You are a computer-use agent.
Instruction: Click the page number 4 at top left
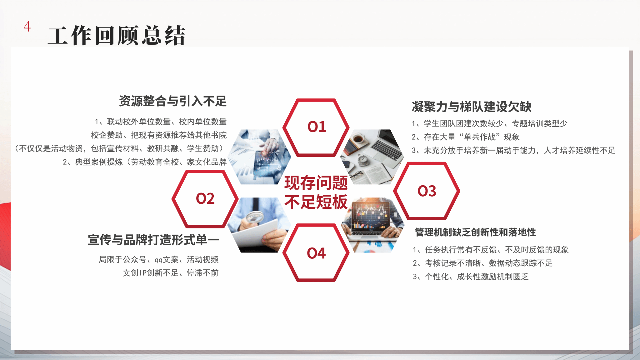click(27, 27)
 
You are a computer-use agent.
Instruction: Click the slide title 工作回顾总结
click(117, 36)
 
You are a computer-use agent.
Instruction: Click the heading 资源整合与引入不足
click(173, 101)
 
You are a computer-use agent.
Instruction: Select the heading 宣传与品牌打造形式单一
click(153, 240)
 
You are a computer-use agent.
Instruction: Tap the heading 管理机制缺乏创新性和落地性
click(475, 232)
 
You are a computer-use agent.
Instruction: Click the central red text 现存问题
click(316, 183)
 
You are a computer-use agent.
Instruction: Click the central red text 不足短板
click(316, 202)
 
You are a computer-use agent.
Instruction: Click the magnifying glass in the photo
click(255, 217)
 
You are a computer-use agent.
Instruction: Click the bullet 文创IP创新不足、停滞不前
click(171, 273)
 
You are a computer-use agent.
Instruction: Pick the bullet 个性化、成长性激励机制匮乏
click(471, 277)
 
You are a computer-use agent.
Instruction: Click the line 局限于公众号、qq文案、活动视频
click(159, 259)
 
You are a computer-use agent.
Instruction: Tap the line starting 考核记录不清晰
click(483, 263)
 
